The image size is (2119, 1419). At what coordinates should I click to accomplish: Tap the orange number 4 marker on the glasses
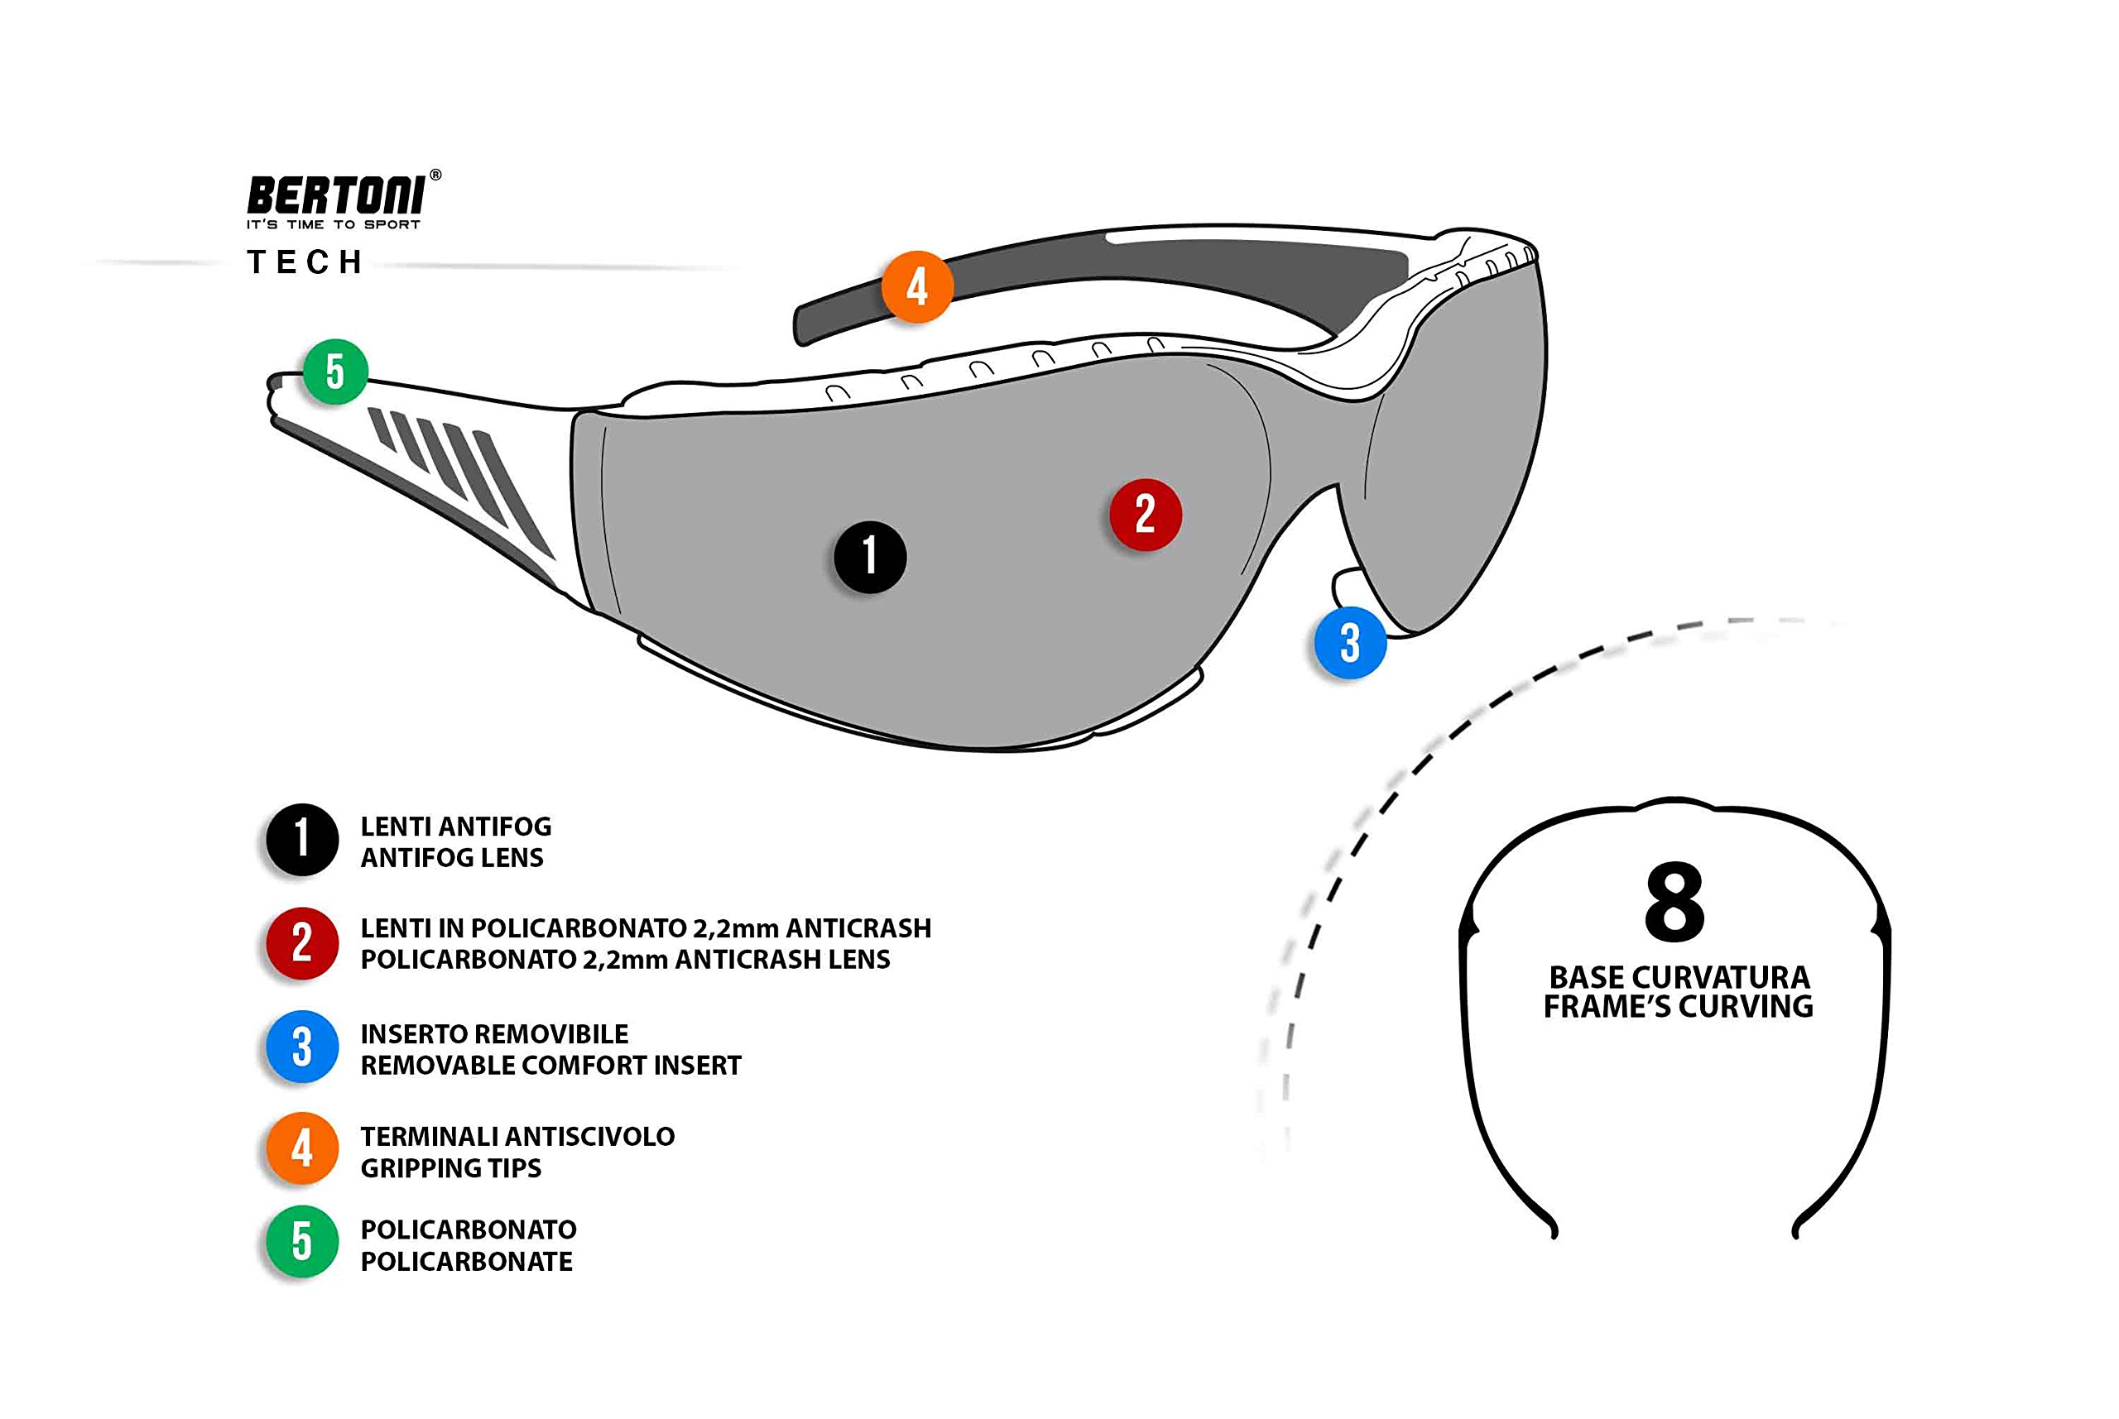917,287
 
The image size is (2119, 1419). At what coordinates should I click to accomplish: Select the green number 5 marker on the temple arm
335,371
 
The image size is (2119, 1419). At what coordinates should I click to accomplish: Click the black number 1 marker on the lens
870,557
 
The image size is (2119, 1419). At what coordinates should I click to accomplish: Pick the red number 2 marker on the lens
1145,514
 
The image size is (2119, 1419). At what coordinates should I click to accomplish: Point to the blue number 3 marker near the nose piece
1349,643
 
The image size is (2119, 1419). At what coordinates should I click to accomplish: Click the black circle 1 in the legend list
302,839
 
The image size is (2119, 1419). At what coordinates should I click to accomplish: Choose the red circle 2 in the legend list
302,943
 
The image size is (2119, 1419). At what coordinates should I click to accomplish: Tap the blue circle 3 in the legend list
302,1046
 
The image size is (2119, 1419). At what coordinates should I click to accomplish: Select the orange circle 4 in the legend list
302,1148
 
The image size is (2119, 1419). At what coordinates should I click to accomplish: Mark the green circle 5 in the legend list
302,1242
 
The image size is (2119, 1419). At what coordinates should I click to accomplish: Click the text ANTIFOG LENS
452,858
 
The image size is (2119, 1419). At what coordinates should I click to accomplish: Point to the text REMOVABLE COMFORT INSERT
550,1065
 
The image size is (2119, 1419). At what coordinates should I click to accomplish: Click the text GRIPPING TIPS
451,1168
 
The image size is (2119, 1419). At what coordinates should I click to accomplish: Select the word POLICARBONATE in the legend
466,1262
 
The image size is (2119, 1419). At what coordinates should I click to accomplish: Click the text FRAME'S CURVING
1678,1006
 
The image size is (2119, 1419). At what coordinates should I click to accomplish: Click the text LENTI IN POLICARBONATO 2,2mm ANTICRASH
646,928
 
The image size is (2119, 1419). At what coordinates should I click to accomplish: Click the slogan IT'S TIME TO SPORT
333,224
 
